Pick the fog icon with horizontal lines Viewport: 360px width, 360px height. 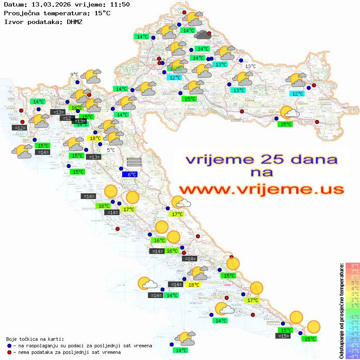[x=134, y=162]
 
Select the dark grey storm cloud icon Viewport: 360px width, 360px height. [x=203, y=34]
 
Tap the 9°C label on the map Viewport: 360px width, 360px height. [x=74, y=75]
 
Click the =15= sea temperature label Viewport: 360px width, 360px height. [x=283, y=336]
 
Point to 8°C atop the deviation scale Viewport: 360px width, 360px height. [x=353, y=266]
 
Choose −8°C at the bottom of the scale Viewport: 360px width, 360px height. [x=353, y=357]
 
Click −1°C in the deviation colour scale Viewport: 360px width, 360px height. [x=353, y=317]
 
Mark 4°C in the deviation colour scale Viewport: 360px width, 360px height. [x=353, y=288]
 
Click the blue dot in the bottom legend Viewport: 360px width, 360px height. [x=9, y=346]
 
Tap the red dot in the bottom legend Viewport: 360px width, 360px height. [x=9, y=352]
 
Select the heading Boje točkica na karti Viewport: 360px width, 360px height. [x=35, y=339]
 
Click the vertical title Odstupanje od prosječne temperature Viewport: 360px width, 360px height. [x=341, y=311]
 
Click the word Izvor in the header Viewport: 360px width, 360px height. [x=13, y=21]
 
